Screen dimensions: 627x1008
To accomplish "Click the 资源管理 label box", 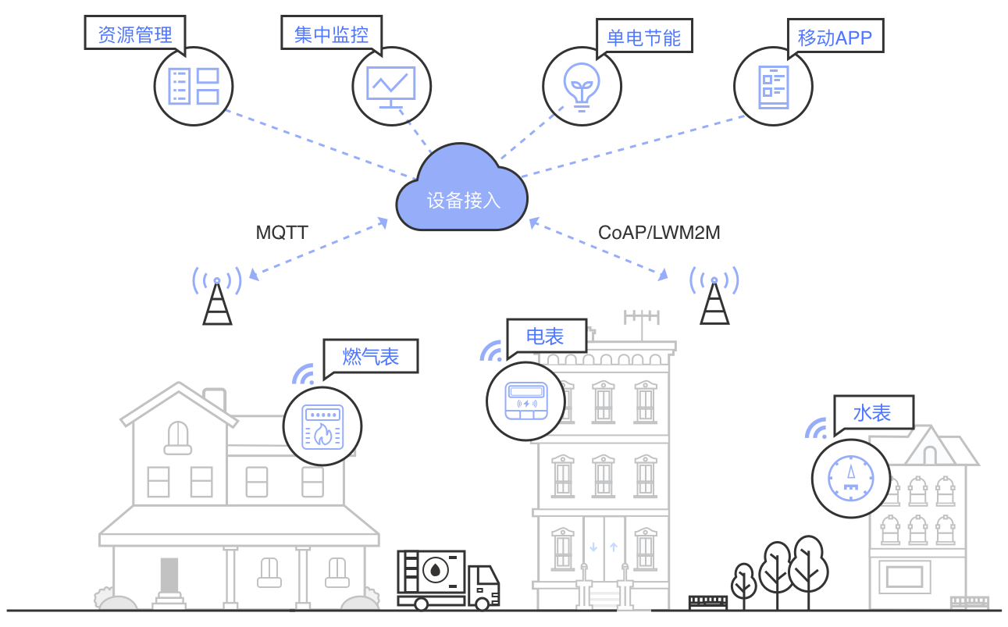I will click(x=134, y=34).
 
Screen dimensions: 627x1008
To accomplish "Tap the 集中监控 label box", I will click(x=330, y=34).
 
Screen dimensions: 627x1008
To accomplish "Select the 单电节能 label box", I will click(x=643, y=37).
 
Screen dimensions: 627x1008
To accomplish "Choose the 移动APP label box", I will click(x=834, y=37).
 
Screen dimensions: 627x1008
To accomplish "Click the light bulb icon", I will click(x=582, y=84).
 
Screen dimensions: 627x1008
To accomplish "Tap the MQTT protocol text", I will click(x=282, y=233).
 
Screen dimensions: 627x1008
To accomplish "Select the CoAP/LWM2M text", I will click(x=659, y=233).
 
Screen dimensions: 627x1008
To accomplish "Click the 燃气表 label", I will click(x=371, y=357).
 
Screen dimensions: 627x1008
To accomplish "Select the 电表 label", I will click(x=545, y=337).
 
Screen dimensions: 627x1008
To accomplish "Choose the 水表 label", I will click(x=872, y=413).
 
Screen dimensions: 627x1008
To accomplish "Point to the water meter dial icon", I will click(x=850, y=479).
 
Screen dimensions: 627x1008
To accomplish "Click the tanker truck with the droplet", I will click(x=447, y=579).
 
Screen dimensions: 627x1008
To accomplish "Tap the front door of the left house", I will click(x=169, y=576).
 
